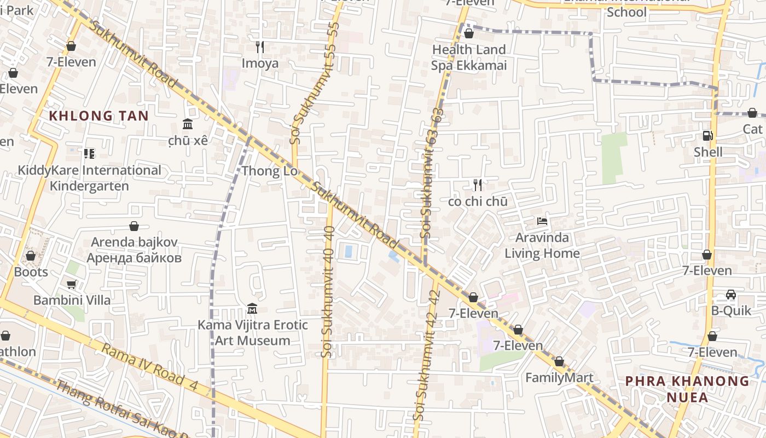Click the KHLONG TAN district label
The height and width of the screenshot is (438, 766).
pos(98,116)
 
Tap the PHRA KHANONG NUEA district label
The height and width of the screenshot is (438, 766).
pos(687,389)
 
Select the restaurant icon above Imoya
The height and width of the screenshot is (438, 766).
pos(260,47)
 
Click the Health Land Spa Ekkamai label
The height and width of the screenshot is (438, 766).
pos(469,57)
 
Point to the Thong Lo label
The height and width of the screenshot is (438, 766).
pos(269,171)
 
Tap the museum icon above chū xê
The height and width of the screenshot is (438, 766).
pos(188,124)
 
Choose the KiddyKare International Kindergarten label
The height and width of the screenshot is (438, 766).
pos(89,178)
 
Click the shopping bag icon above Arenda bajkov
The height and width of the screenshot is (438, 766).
pos(134,226)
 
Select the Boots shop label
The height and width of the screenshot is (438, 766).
pos(31,272)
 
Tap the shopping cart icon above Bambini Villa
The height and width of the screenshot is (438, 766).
pos(71,284)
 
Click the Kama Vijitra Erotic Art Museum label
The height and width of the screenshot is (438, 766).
pos(252,333)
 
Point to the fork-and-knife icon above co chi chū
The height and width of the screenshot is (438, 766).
pos(478,185)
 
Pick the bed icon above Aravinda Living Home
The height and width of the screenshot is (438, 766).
pos(542,222)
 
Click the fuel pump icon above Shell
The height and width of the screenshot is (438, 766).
pos(707,135)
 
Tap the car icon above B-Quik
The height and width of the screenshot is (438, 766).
pos(730,295)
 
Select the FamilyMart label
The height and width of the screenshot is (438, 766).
pos(559,378)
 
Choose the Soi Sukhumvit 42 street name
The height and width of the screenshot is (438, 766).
pos(428,356)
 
